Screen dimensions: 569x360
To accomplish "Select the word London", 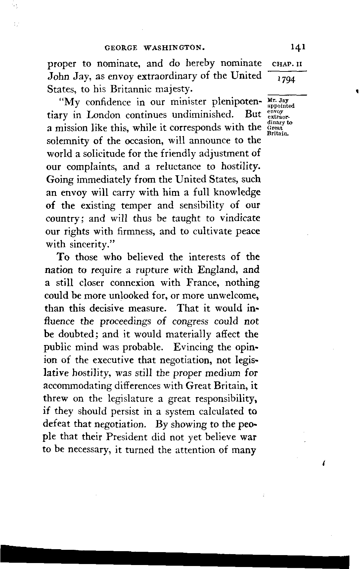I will pyautogui.click(x=104, y=115).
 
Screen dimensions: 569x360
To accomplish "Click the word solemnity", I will pyautogui.click(x=67, y=141).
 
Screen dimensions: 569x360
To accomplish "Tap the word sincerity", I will pyautogui.click(x=89, y=244).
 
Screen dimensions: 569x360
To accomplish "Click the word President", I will pyautogui.click(x=126, y=437).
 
